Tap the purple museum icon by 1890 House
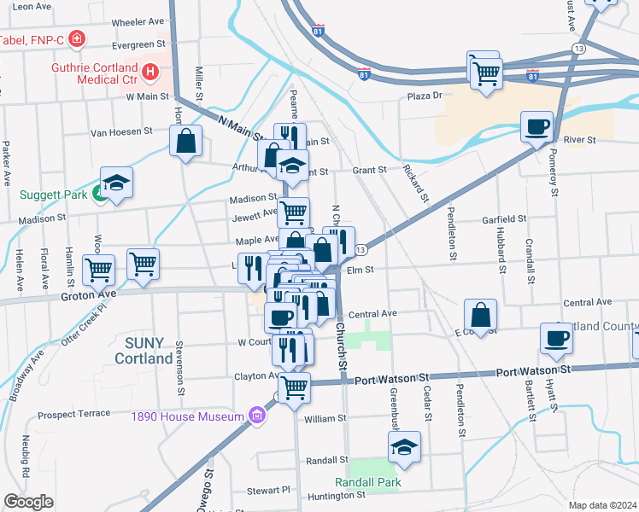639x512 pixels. [256, 416]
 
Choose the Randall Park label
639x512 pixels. [370, 482]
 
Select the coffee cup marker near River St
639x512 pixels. [537, 128]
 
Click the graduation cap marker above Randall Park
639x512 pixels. [404, 446]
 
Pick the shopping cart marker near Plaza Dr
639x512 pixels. [486, 73]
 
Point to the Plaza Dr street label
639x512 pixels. [425, 96]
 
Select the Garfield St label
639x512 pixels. [501, 219]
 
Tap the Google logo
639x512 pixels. [28, 502]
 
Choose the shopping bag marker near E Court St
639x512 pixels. [481, 313]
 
